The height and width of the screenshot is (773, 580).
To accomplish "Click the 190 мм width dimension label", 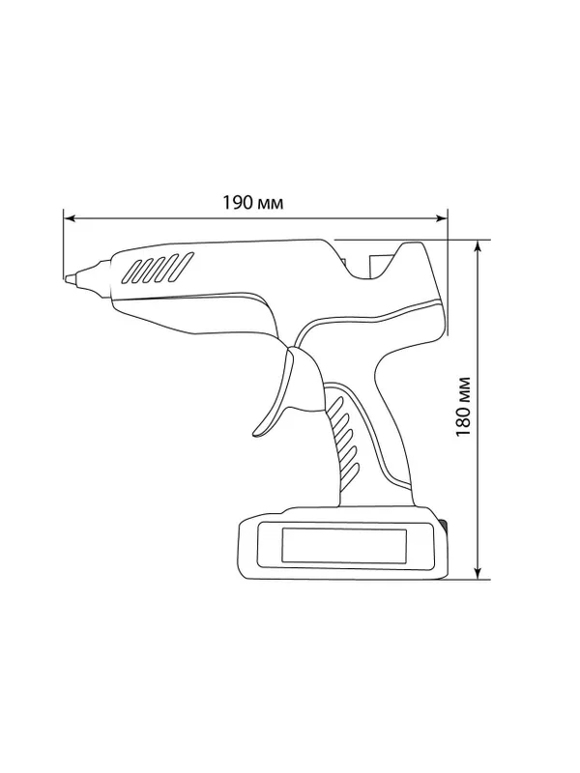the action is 253,203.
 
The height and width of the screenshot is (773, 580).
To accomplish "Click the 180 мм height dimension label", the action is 463,407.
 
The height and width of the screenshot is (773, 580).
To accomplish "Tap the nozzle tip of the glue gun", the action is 68,279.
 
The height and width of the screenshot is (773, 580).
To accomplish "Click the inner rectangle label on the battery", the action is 344,546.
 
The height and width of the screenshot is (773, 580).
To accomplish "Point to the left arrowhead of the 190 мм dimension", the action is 70,218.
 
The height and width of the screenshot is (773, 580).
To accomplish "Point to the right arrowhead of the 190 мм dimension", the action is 442,218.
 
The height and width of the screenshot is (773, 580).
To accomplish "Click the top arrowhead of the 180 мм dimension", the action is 478,246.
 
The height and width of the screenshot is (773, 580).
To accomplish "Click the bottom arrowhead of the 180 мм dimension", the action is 478,573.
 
